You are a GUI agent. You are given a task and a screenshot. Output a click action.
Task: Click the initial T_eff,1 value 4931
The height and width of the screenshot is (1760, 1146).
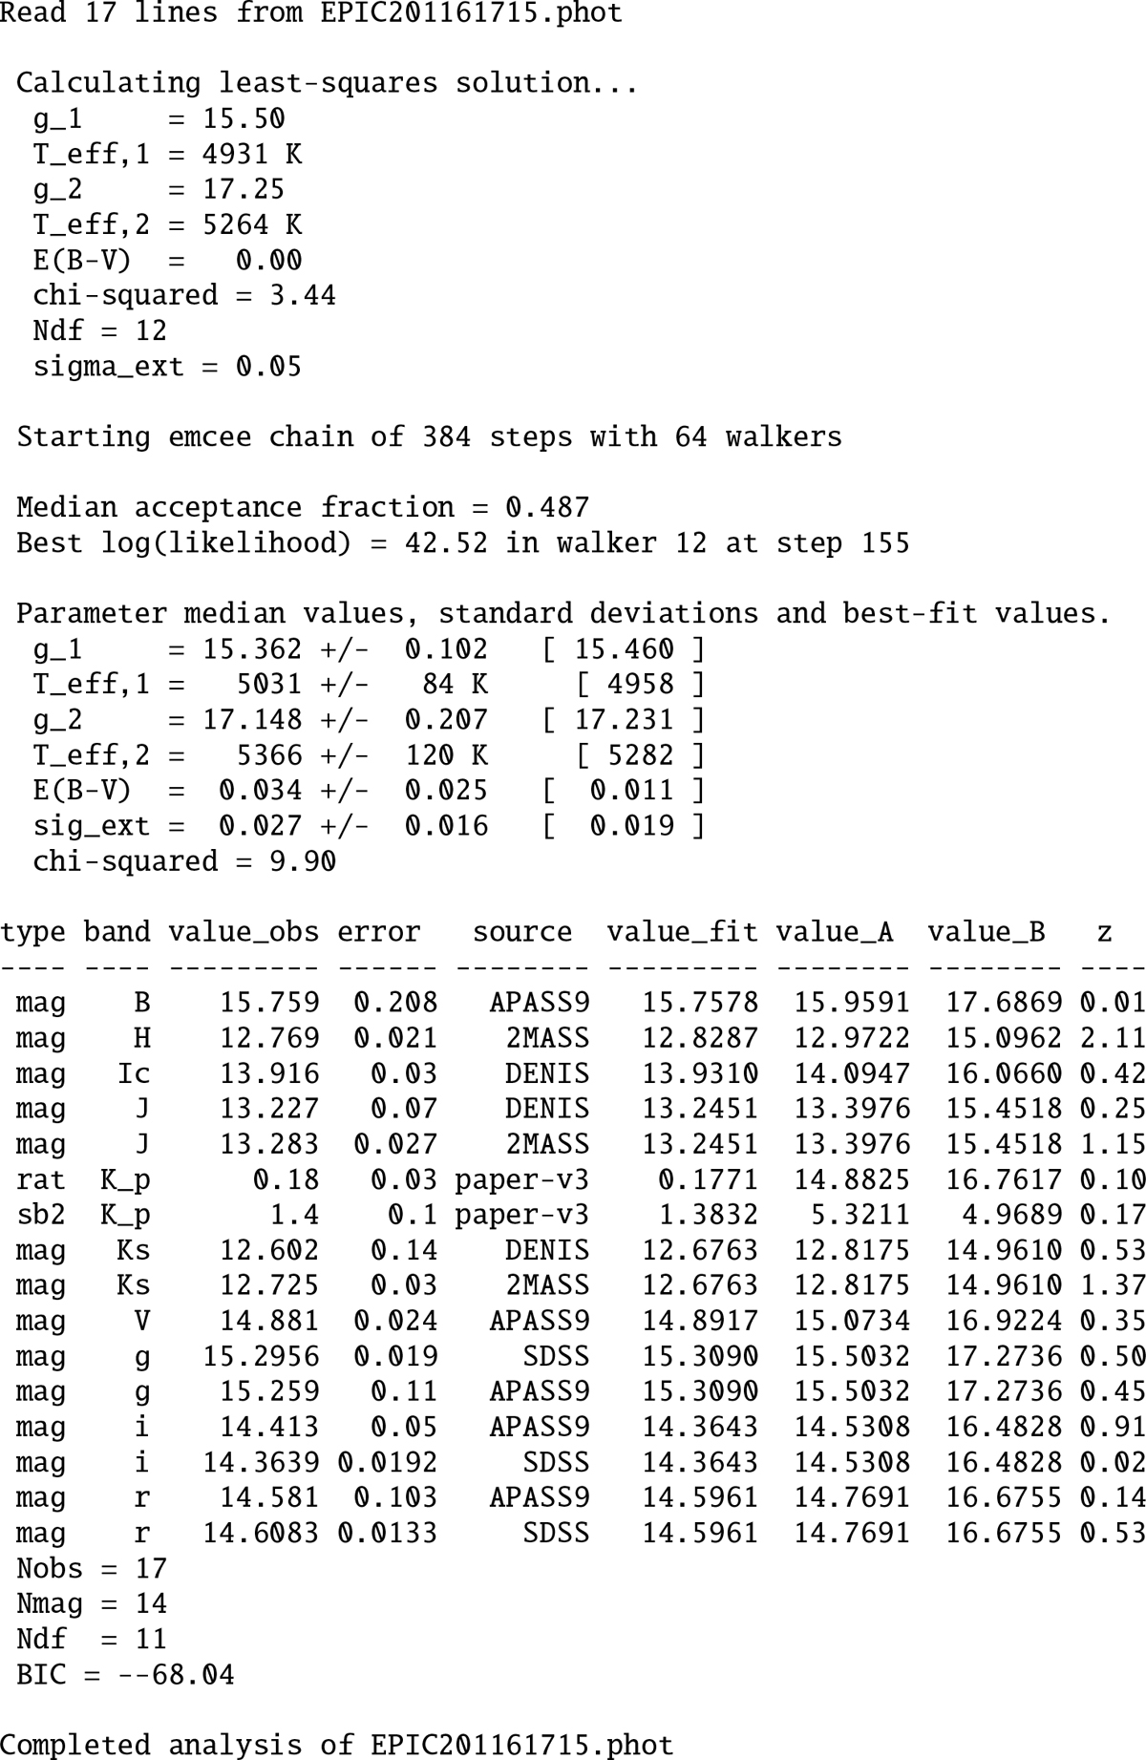point(236,154)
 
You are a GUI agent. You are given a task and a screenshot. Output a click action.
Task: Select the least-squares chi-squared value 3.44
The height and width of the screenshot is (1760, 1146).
point(303,295)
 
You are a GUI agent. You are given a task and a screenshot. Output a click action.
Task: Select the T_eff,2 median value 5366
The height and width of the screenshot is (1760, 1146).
point(269,755)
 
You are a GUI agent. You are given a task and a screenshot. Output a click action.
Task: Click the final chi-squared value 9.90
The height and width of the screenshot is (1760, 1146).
point(303,861)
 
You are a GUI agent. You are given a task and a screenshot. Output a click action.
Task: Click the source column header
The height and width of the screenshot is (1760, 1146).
point(522,932)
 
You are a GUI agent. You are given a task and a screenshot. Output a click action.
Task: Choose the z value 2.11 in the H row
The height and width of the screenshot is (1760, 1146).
point(1113,1038)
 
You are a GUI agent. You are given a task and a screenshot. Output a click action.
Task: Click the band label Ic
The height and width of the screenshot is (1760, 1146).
point(134,1073)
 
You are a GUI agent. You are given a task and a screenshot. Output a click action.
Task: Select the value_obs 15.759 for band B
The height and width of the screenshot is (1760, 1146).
point(269,1003)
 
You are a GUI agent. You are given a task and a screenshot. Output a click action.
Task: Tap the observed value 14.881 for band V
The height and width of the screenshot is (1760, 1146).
point(269,1321)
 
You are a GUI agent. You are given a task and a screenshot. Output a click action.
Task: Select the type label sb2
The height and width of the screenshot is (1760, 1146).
point(41,1215)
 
